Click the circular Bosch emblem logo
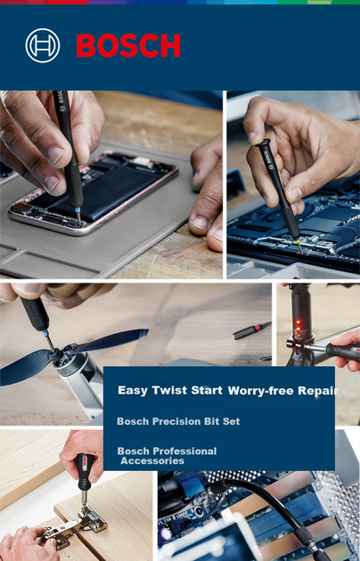pos(43,45)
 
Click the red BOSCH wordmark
pos(128,45)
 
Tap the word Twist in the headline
pos(169,390)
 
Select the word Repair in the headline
pos(318,391)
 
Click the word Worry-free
pos(261,390)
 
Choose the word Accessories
pos(152,460)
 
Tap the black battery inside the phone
pos(107,188)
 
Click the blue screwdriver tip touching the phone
pos(78,214)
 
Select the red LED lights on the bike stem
pos(299,329)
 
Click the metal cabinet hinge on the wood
pos(76,524)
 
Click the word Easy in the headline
pos(133,390)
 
